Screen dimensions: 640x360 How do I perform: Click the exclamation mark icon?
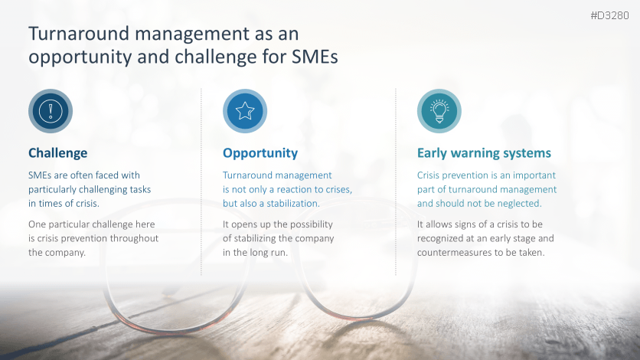[x=51, y=111]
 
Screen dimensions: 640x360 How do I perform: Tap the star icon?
[x=245, y=111]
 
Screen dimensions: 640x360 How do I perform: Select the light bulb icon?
[x=439, y=111]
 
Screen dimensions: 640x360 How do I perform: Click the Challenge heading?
[x=58, y=153]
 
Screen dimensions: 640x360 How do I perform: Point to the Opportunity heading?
[x=260, y=153]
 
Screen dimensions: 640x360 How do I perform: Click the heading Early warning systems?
[x=484, y=153]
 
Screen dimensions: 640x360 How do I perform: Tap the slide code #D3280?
[x=610, y=15]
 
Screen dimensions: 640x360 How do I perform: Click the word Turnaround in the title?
[x=79, y=34]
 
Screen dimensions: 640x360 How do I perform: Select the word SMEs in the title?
[x=315, y=57]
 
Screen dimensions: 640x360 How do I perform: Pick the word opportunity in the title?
[x=80, y=57]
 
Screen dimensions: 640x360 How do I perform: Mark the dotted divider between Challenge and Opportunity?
[x=201, y=182]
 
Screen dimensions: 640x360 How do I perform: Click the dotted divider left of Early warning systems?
[x=396, y=182]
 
